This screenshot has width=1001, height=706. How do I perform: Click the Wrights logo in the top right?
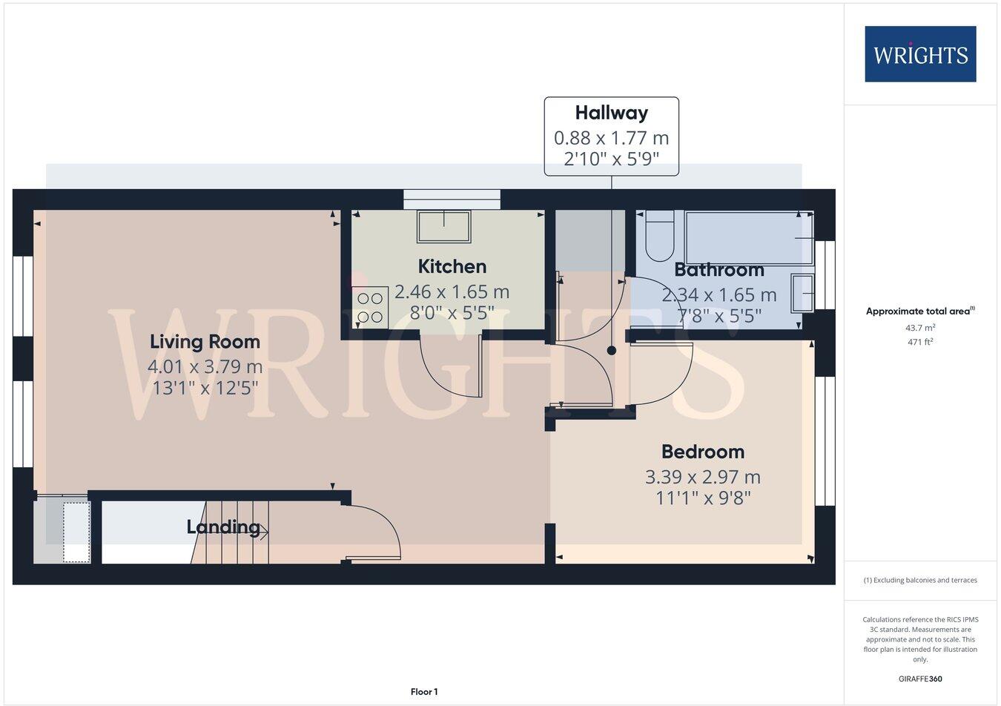click(920, 54)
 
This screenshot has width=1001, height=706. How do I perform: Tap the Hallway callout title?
click(611, 113)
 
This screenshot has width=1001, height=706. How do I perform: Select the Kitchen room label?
click(452, 266)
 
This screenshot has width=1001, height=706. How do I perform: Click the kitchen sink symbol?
click(443, 226)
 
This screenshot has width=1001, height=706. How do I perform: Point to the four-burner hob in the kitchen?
click(369, 307)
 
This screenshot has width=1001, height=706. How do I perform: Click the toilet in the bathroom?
click(659, 236)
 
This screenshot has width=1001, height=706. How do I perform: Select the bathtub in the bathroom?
click(749, 237)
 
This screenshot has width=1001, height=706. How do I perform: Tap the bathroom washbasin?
click(802, 293)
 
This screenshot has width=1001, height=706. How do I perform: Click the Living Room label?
click(205, 342)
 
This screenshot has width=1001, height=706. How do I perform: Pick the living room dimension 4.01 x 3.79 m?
click(205, 366)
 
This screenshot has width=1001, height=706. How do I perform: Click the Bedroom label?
click(702, 452)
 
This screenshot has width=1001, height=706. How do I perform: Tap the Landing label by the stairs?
click(222, 527)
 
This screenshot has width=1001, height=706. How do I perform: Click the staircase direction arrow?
click(261, 529)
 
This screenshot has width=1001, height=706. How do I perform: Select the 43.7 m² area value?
click(920, 327)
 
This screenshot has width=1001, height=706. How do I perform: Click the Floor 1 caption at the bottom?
click(424, 692)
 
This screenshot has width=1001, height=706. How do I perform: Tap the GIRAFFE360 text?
click(920, 678)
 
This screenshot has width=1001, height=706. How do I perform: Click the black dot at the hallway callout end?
click(611, 351)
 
